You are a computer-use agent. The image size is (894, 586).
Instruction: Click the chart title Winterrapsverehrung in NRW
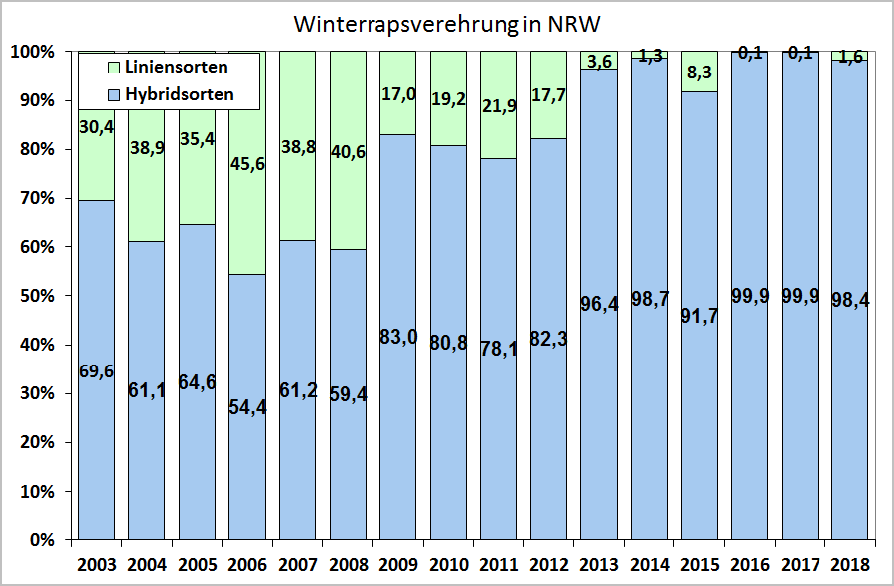click(446, 24)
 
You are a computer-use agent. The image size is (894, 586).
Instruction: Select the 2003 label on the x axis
click(95, 564)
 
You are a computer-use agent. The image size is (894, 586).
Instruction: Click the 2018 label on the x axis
click(848, 564)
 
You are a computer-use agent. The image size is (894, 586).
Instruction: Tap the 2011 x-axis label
click(497, 564)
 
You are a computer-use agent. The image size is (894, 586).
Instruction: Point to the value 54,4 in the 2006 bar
click(246, 407)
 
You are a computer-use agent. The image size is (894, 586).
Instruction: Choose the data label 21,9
click(497, 103)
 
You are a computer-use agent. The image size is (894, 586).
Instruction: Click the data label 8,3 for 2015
click(698, 71)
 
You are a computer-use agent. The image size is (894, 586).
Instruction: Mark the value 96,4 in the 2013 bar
click(598, 305)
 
